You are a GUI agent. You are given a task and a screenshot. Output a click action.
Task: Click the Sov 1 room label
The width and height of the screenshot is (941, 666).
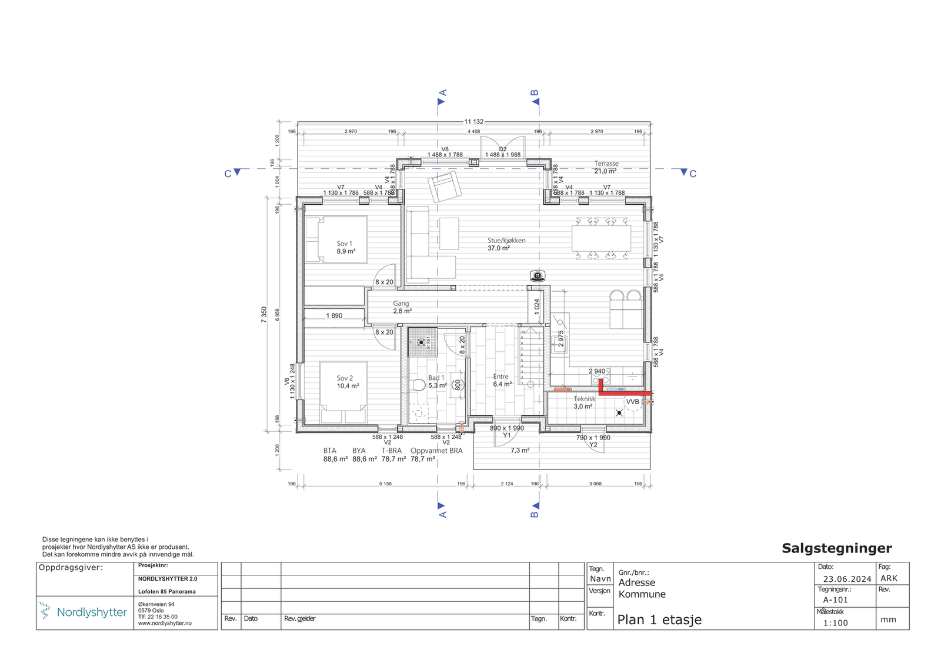345,247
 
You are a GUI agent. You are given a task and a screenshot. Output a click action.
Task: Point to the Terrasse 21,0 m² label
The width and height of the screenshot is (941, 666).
606,167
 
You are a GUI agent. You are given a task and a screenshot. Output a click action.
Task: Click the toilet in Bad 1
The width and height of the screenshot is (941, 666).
419,385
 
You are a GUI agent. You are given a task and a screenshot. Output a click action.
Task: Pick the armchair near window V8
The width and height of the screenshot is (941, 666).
445,186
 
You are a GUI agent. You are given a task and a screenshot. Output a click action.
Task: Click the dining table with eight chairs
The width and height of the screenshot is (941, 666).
601,238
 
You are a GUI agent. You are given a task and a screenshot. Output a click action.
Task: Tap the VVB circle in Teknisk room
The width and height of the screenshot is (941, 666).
632,402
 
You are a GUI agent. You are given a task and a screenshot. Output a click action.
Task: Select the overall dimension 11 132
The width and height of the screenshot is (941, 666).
473,122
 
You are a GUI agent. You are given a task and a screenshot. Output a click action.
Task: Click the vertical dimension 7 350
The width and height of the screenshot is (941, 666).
264,314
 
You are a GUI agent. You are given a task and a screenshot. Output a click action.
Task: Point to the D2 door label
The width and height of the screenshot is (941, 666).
503,149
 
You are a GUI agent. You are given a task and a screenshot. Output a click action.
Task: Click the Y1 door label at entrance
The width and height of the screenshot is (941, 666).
506,435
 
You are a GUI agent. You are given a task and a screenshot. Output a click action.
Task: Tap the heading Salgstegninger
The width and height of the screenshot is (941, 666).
836,548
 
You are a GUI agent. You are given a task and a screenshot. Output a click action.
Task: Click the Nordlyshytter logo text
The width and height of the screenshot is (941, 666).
92,612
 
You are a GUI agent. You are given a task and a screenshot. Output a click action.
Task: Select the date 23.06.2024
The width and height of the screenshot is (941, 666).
847,579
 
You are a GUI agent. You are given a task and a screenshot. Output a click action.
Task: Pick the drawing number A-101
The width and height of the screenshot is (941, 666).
835,600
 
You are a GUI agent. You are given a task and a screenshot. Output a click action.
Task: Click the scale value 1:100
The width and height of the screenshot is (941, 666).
835,623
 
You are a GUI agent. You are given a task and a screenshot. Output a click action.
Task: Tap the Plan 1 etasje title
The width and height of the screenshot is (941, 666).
659,620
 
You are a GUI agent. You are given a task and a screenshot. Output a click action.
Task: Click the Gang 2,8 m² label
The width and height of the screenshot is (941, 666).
402,307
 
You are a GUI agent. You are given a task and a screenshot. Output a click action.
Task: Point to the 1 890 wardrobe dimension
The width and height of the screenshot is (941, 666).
334,316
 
